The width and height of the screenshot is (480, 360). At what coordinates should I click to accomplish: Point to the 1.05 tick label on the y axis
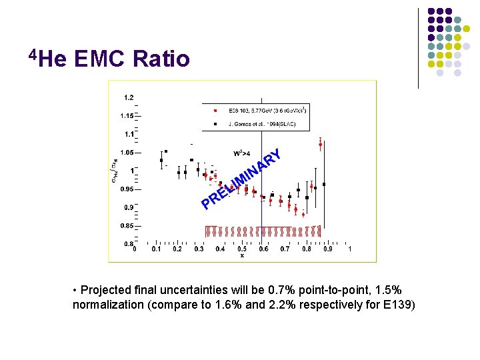click(x=127, y=152)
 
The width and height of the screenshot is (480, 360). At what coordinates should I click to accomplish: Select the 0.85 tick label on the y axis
click(x=127, y=225)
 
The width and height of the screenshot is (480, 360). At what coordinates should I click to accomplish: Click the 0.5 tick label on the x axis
click(x=242, y=249)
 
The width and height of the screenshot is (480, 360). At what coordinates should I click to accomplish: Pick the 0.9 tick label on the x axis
click(x=328, y=249)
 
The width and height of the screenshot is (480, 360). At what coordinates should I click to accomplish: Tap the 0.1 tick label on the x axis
click(x=156, y=249)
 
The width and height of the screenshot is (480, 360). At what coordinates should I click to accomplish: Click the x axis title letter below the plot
click(x=242, y=255)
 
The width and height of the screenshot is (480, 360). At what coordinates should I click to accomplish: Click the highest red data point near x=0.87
click(x=321, y=144)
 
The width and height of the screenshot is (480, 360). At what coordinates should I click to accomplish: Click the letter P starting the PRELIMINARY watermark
click(x=207, y=203)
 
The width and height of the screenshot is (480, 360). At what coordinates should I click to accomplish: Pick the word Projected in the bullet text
click(x=107, y=291)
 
